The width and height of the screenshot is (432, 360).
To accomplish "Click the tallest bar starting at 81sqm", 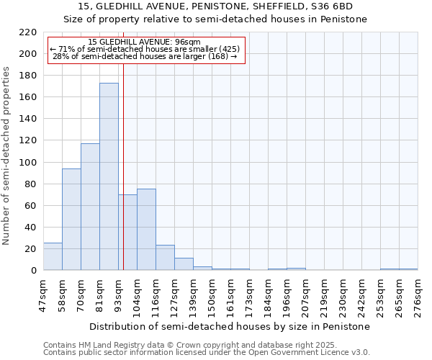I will (109, 176).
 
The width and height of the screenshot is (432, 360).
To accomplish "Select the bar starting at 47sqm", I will (53, 256).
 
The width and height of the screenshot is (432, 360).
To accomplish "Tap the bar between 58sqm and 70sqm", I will (71, 220).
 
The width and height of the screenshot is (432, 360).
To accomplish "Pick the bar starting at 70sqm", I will (90, 207).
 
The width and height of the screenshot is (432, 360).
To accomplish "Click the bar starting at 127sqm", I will (184, 264).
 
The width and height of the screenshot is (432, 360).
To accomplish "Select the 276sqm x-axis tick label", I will (418, 294).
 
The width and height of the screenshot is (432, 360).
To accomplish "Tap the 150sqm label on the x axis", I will (212, 294).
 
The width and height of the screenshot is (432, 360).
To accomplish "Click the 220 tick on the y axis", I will (28, 32).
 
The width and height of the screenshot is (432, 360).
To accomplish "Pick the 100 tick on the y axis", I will (28, 163).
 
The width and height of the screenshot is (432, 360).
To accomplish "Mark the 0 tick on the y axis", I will (33, 271).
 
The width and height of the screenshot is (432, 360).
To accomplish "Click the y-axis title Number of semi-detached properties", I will (7, 156).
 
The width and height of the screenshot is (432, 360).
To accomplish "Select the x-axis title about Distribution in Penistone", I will (230, 326).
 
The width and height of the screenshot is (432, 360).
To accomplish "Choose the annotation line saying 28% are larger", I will (145, 56).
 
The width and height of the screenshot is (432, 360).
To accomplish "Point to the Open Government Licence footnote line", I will (207, 352).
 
